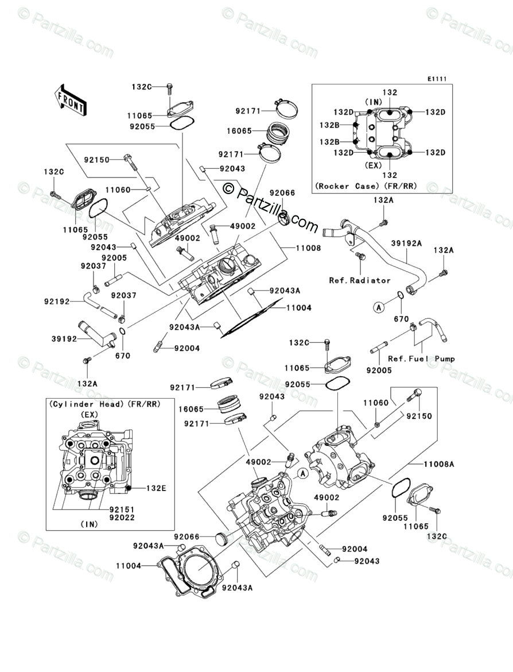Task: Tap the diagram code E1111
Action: click(436, 79)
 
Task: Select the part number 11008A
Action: click(439, 464)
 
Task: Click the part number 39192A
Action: click(406, 243)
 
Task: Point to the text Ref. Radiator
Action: click(360, 280)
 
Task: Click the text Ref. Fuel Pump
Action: click(421, 359)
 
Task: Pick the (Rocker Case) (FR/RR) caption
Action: click(366, 186)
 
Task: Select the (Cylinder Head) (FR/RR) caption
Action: click(105, 404)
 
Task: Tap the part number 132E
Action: click(156, 488)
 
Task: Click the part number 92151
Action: click(122, 509)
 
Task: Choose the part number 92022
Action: click(122, 517)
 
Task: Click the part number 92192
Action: click(57, 302)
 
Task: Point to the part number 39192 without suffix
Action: click(64, 338)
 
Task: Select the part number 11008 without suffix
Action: click(308, 248)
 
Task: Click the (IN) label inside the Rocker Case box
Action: click(374, 102)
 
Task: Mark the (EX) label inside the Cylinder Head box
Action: click(90, 415)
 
